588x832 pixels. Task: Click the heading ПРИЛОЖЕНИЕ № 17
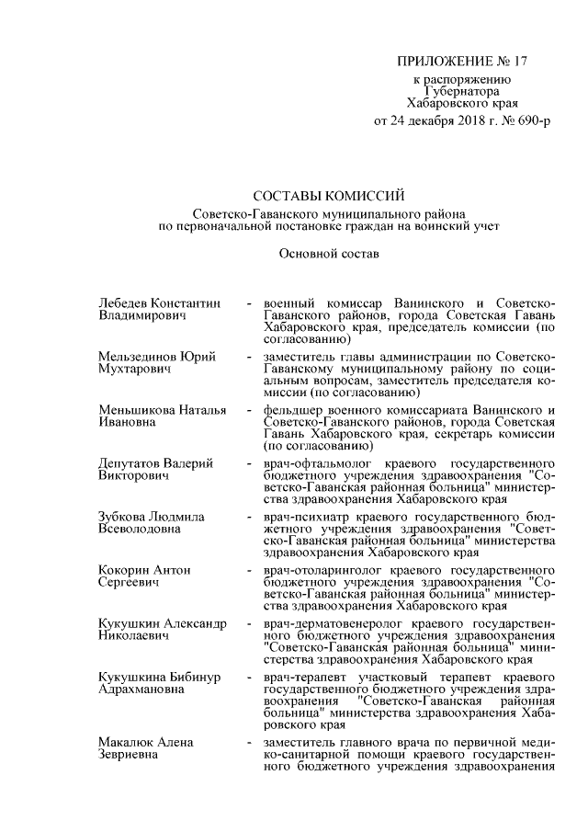(462, 62)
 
